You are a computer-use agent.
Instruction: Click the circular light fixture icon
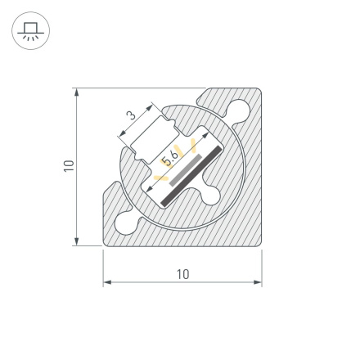30,30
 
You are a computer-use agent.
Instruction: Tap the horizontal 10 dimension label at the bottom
182,274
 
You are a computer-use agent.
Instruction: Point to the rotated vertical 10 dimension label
70,166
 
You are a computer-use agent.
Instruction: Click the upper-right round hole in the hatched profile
239,108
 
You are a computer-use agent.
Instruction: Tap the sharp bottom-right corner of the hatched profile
261,245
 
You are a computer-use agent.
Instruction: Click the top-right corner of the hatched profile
260,90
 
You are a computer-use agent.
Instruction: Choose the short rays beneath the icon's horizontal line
30,37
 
